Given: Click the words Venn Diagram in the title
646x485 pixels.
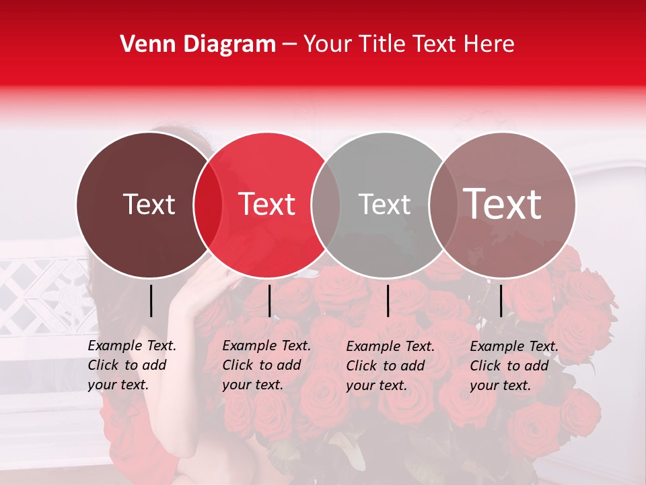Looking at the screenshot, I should (198, 44).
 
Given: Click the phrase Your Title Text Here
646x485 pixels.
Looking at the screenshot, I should (408, 44).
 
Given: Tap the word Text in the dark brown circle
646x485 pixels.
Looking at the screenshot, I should (149, 204).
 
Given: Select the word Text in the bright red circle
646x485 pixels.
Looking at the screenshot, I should (267, 204).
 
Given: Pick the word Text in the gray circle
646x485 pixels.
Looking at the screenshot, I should (384, 204).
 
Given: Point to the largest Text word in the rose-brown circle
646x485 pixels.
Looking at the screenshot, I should (503, 203).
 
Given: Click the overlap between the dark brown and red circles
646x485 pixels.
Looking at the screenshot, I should (208, 205).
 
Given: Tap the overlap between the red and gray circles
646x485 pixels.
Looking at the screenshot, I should (326, 205).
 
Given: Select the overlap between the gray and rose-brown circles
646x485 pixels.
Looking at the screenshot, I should (443, 205).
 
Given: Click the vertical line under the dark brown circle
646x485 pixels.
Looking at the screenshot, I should (151, 300).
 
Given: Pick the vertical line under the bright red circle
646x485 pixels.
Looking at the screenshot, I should (269, 300).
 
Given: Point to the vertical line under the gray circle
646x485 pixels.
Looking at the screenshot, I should (388, 300).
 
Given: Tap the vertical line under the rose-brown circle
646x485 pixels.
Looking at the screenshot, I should (501, 300).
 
